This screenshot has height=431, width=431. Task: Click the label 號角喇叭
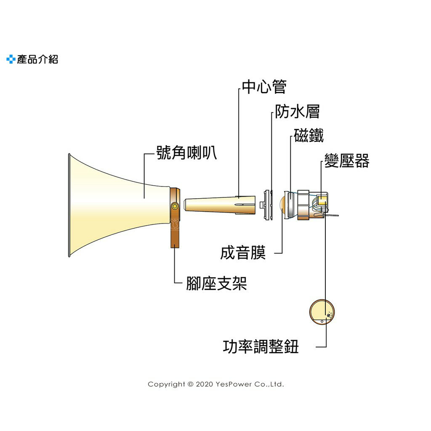(x=186, y=152)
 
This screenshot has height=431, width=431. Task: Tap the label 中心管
(x=264, y=87)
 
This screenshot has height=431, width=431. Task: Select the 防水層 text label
(x=298, y=112)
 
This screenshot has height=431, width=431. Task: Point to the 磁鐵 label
(x=309, y=136)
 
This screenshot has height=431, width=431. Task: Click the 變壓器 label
(x=347, y=161)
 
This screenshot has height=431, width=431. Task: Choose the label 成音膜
(x=243, y=253)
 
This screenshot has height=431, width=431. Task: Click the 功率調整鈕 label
(x=261, y=347)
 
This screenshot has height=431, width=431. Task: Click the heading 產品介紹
(x=37, y=59)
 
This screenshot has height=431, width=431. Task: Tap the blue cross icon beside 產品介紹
(x=11, y=59)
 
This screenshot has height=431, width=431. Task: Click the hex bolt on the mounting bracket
(x=175, y=206)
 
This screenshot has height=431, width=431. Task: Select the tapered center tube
(x=219, y=204)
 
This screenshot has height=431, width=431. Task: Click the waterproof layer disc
(x=267, y=205)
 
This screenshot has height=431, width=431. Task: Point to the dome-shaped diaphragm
(x=285, y=205)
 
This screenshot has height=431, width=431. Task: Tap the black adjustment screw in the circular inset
(x=328, y=315)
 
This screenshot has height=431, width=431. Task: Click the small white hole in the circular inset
(x=322, y=322)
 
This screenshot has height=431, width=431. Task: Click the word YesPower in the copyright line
(x=234, y=384)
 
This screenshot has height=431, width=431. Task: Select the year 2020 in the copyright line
(x=205, y=384)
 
